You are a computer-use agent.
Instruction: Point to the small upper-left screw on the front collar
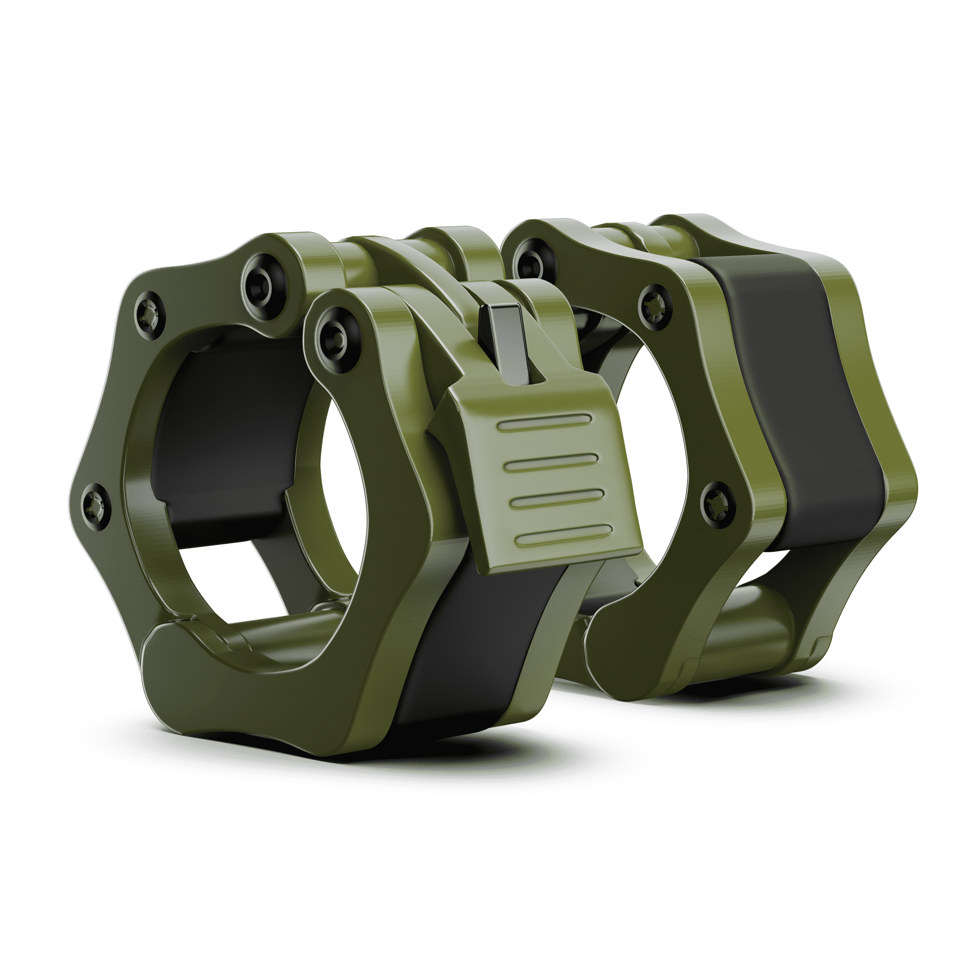pyautogui.click(x=150, y=311)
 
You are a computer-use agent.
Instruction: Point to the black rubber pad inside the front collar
pyautogui.click(x=223, y=431)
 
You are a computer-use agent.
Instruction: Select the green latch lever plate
pyautogui.click(x=538, y=472)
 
